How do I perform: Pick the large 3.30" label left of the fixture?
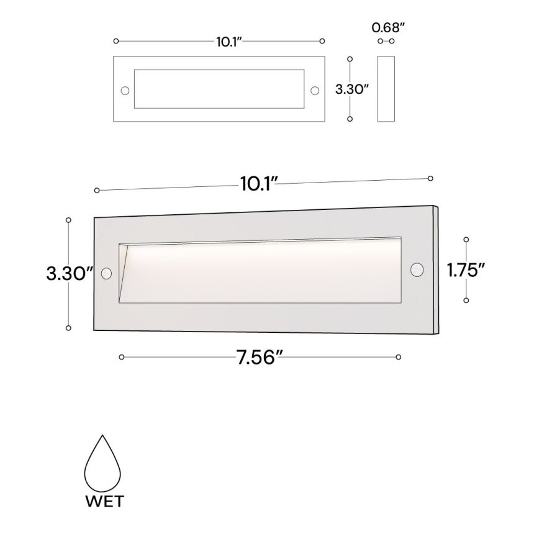click(70, 274)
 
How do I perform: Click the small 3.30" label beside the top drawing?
click(352, 89)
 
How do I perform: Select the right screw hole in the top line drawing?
click(315, 91)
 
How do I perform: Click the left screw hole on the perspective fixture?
click(106, 273)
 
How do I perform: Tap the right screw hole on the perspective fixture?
click(417, 269)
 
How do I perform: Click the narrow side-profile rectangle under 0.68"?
click(386, 90)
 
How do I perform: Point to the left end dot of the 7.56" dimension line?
click(122, 357)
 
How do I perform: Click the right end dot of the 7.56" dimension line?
click(398, 357)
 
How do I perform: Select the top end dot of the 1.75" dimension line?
click(466, 238)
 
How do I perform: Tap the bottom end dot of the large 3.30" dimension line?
click(68, 328)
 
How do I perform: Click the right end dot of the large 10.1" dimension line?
click(430, 178)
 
